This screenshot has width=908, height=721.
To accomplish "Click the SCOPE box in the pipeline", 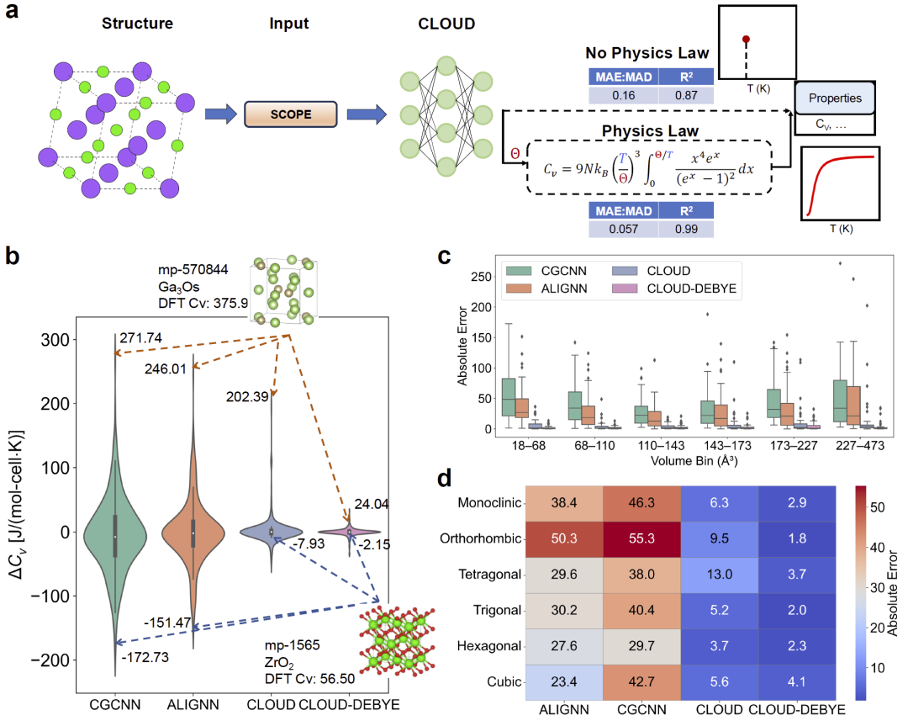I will (x=291, y=114).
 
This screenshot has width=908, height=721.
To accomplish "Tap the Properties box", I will (x=835, y=98).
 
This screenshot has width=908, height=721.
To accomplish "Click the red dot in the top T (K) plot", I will (x=746, y=39).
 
